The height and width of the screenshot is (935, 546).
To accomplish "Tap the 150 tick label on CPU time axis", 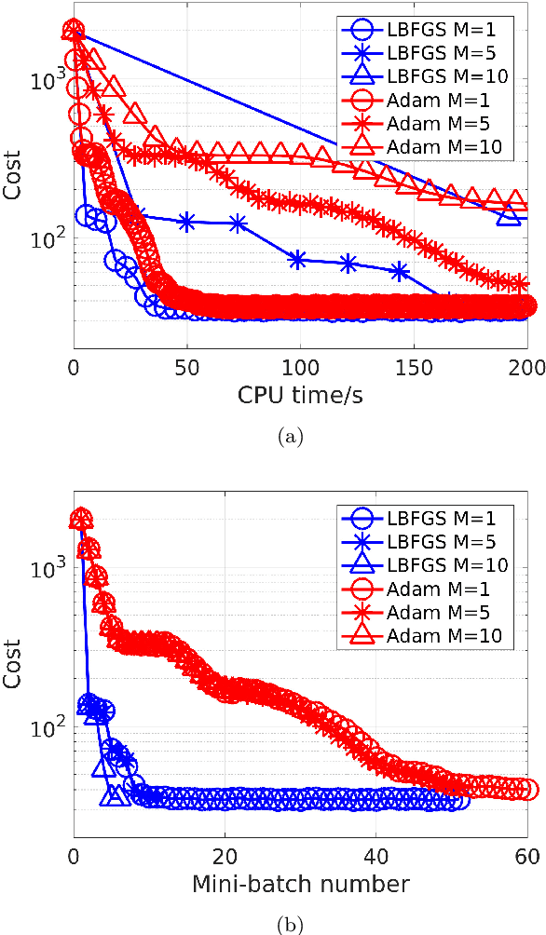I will pyautogui.click(x=414, y=367).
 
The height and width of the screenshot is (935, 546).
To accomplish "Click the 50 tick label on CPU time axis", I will pyautogui.click(x=187, y=367).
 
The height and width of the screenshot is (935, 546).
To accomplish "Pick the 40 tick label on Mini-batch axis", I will pyautogui.click(x=375, y=855).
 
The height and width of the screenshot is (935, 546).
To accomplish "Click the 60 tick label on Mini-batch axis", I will pyautogui.click(x=526, y=855).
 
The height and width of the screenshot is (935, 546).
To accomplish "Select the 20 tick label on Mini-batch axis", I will pyautogui.click(x=225, y=855).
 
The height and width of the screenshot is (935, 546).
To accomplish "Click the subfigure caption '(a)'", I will pyautogui.click(x=300, y=434).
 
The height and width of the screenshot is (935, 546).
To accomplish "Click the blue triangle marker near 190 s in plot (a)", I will pyautogui.click(x=509, y=216).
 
